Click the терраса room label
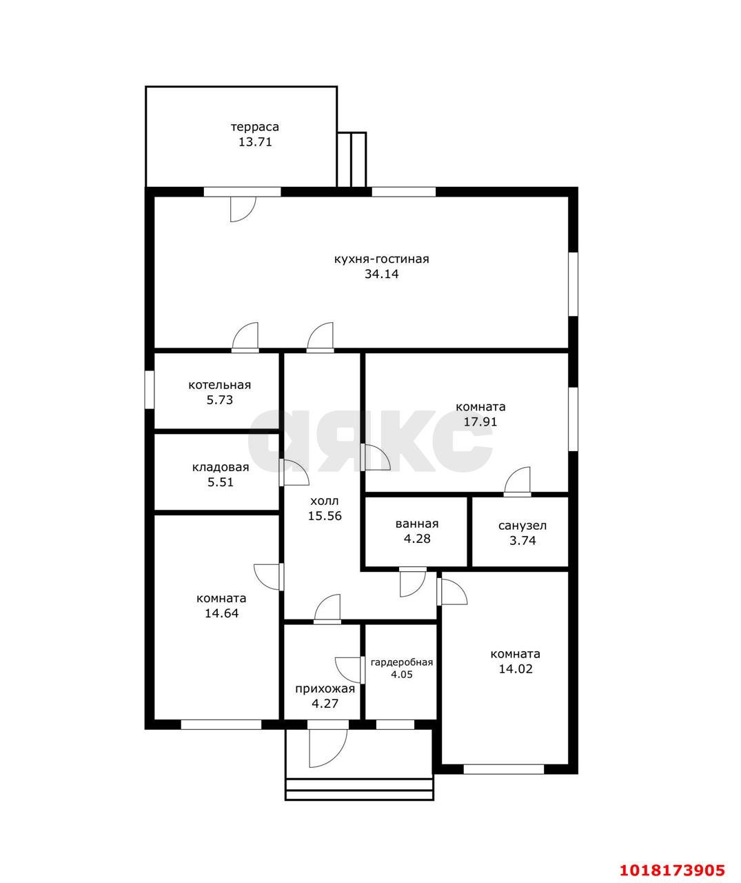click(254, 127)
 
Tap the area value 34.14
click(381, 274)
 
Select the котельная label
click(219, 385)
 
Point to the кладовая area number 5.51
click(220, 482)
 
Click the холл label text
click(325, 501)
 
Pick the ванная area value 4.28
click(417, 539)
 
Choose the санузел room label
click(522, 526)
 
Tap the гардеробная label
click(402, 662)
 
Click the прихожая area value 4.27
click(325, 704)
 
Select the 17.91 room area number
click(480, 421)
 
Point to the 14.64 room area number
click(221, 613)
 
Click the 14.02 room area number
click(516, 669)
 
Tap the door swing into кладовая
click(294, 473)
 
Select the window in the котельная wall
click(149, 390)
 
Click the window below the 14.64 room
click(221, 724)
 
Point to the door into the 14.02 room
click(452, 592)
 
